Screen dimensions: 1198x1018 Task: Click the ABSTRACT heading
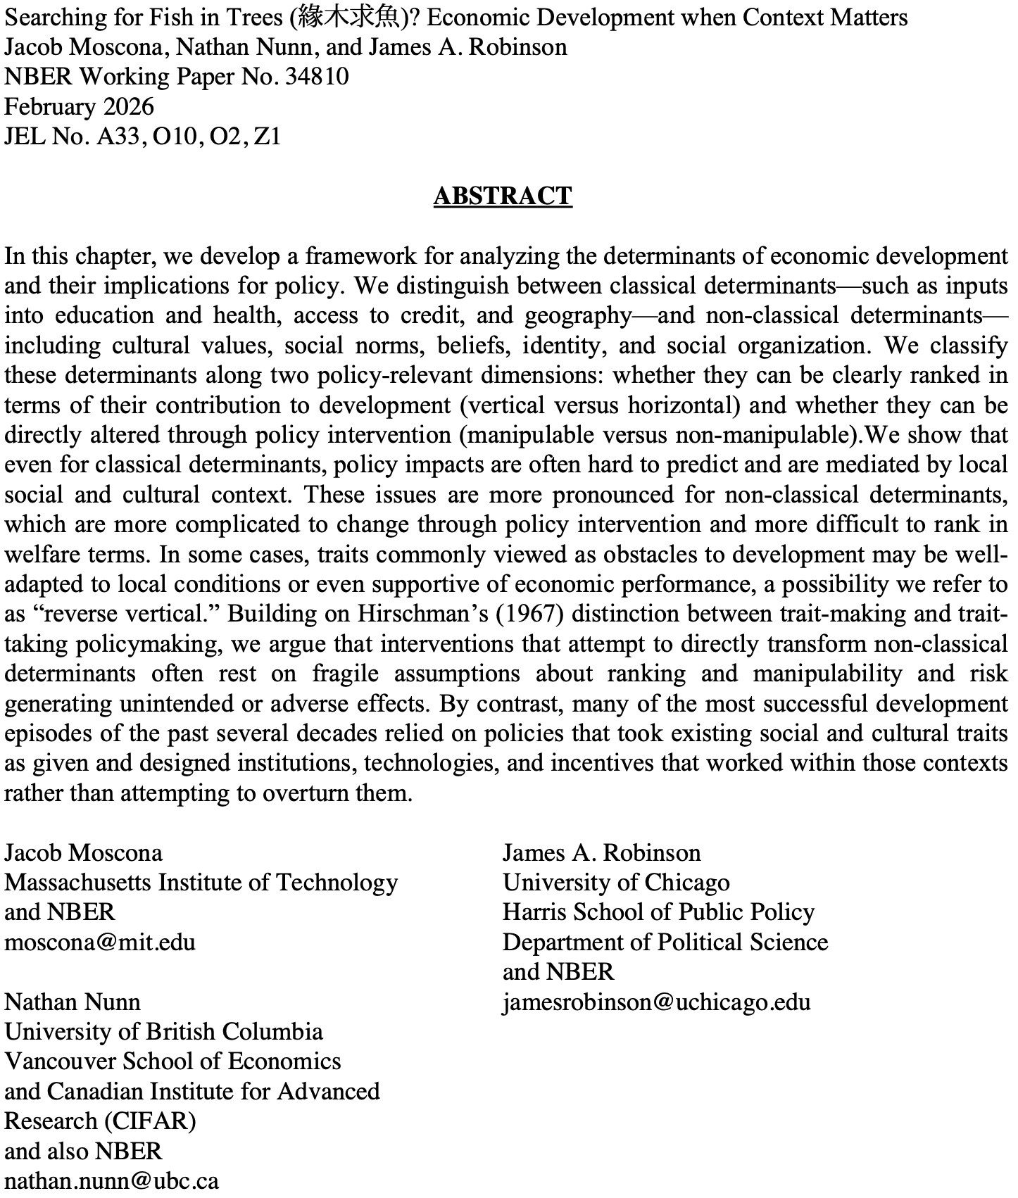[503, 196]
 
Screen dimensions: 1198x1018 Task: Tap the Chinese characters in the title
[349, 18]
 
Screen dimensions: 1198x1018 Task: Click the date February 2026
[79, 106]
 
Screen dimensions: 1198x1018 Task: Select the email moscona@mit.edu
[100, 942]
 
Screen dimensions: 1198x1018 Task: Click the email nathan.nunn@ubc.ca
[111, 1180]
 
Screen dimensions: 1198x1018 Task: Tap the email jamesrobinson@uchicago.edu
[656, 1002]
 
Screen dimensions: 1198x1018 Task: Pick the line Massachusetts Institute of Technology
[201, 883]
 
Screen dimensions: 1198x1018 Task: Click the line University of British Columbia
[163, 1032]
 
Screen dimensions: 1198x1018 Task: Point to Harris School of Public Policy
[658, 912]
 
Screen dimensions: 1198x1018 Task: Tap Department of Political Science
[665, 942]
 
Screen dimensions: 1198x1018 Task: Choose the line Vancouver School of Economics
[172, 1061]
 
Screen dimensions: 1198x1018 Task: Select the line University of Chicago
[616, 883]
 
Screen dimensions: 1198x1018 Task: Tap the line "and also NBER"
[83, 1151]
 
